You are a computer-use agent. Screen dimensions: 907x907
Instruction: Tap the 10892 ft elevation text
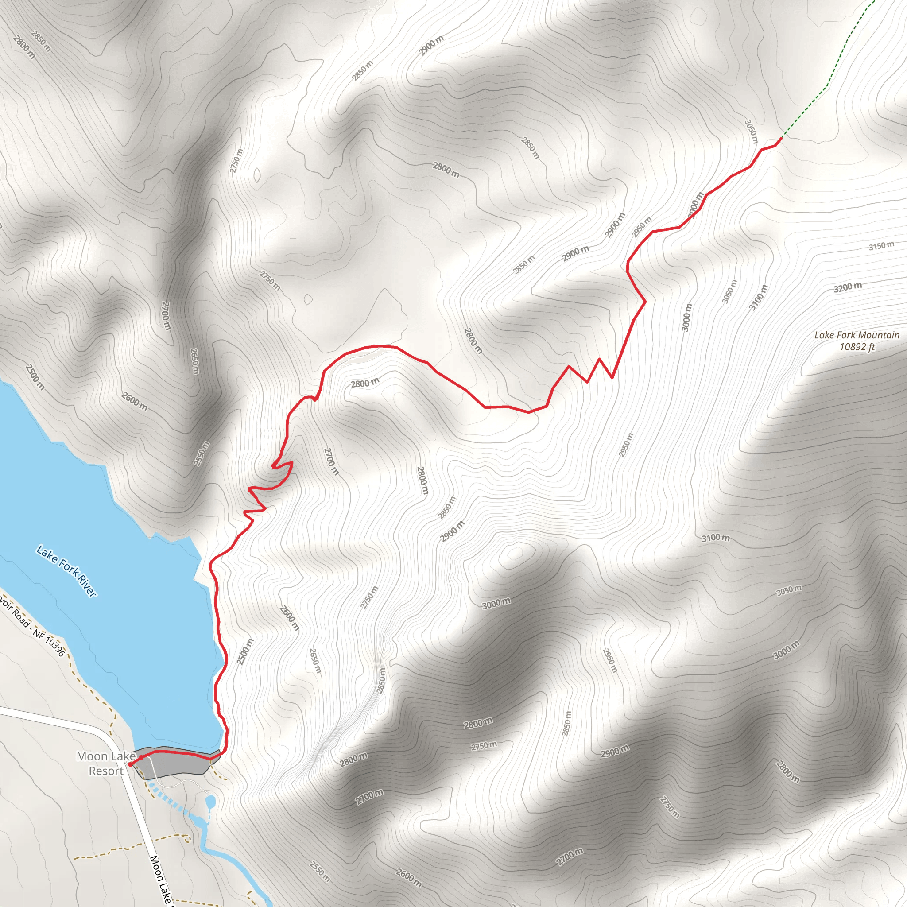click(x=857, y=347)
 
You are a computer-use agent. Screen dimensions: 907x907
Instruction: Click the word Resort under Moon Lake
click(x=106, y=771)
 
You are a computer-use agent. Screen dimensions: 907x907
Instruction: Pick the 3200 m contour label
click(x=847, y=287)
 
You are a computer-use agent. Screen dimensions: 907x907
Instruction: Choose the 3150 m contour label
click(x=881, y=246)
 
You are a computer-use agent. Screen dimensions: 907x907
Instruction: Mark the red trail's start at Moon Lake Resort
click(x=130, y=765)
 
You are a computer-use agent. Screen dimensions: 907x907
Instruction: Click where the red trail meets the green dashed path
click(x=782, y=138)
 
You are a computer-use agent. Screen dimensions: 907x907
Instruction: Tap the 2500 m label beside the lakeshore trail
click(x=245, y=651)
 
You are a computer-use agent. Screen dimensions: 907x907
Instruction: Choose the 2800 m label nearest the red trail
click(x=365, y=383)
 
